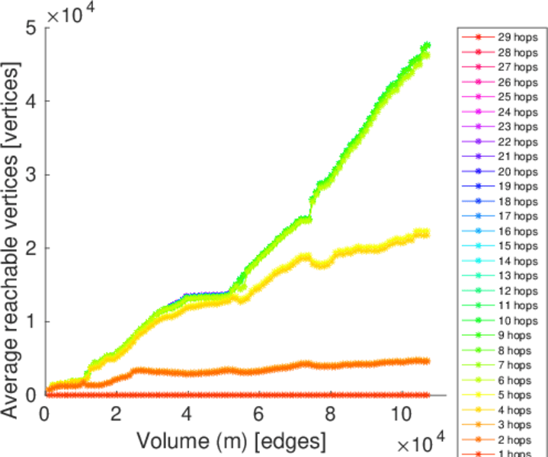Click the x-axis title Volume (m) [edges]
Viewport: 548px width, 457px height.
click(232, 440)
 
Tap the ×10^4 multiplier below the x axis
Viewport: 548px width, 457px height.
click(420, 444)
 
